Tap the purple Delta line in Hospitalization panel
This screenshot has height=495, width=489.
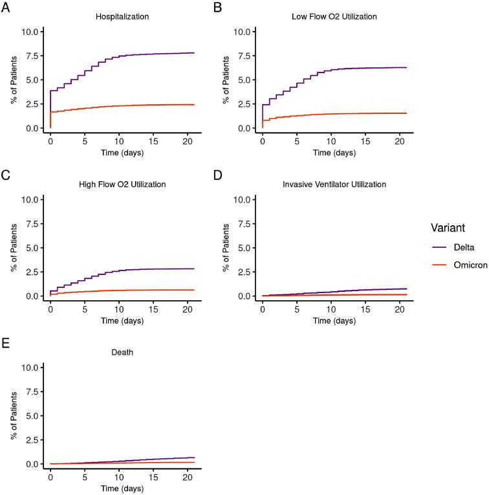tap(129, 54)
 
